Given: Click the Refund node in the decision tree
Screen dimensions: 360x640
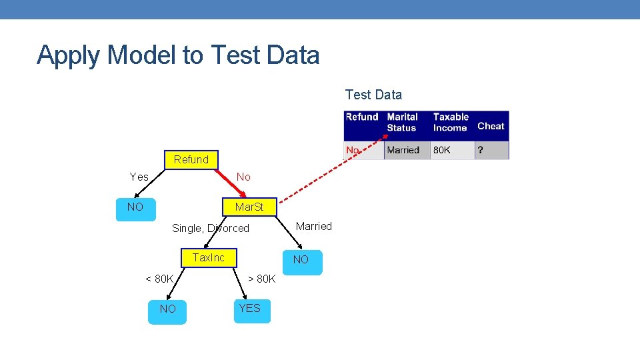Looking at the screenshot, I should [191, 160].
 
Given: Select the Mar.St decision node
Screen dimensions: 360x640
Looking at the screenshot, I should [249, 207].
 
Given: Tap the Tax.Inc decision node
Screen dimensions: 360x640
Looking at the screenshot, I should [209, 257].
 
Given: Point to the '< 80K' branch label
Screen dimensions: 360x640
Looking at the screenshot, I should [160, 279].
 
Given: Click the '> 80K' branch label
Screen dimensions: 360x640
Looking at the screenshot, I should [261, 279].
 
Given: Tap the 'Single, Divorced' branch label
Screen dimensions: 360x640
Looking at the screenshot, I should [211, 229].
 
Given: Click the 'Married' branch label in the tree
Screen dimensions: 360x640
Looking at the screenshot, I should [313, 227].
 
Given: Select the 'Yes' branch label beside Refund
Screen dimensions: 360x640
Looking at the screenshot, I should [139, 177].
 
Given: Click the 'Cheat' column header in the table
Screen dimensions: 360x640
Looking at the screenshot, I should [491, 126].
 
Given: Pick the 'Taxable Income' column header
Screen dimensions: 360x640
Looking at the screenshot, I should [451, 123].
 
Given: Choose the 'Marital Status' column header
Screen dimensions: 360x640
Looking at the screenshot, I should [403, 123].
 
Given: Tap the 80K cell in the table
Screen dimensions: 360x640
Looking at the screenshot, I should [442, 150].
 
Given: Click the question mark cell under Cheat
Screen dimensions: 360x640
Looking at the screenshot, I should [480, 150].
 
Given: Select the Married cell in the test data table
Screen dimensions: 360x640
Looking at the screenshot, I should [403, 150].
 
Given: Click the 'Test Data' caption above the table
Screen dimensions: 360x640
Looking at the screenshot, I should [373, 95].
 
